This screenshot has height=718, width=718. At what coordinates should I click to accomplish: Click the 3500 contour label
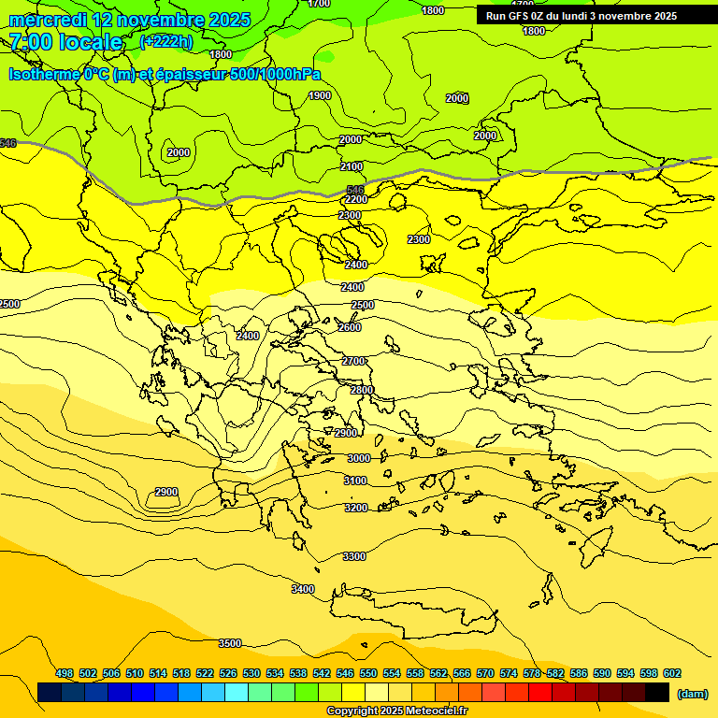[230, 643]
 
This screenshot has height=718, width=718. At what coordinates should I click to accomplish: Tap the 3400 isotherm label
[303, 589]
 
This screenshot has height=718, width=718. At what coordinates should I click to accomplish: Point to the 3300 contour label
[354, 556]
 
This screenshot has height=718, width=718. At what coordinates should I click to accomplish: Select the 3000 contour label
[358, 458]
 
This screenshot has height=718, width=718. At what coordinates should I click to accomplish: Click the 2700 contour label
[353, 361]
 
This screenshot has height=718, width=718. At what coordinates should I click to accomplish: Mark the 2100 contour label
[352, 166]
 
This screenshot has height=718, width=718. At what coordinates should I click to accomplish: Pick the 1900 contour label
[320, 95]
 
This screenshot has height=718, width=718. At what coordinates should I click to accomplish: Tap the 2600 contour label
[350, 327]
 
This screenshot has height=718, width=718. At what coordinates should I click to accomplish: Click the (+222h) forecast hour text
[165, 41]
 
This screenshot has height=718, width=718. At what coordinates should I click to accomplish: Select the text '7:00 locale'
[66, 42]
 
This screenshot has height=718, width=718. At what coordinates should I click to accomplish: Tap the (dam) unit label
[692, 693]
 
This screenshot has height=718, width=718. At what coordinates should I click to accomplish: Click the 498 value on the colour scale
[65, 673]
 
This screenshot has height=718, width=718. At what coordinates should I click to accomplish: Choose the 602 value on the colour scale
[672, 673]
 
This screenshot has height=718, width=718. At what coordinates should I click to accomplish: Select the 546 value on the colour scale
[345, 673]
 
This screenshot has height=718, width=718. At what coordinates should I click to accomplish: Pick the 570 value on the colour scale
[485, 673]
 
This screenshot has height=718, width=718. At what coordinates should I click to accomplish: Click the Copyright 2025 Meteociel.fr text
[396, 711]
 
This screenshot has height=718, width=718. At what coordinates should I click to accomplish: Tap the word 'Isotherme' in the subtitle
[44, 75]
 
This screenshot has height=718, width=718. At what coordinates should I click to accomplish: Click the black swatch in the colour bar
[657, 692]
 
